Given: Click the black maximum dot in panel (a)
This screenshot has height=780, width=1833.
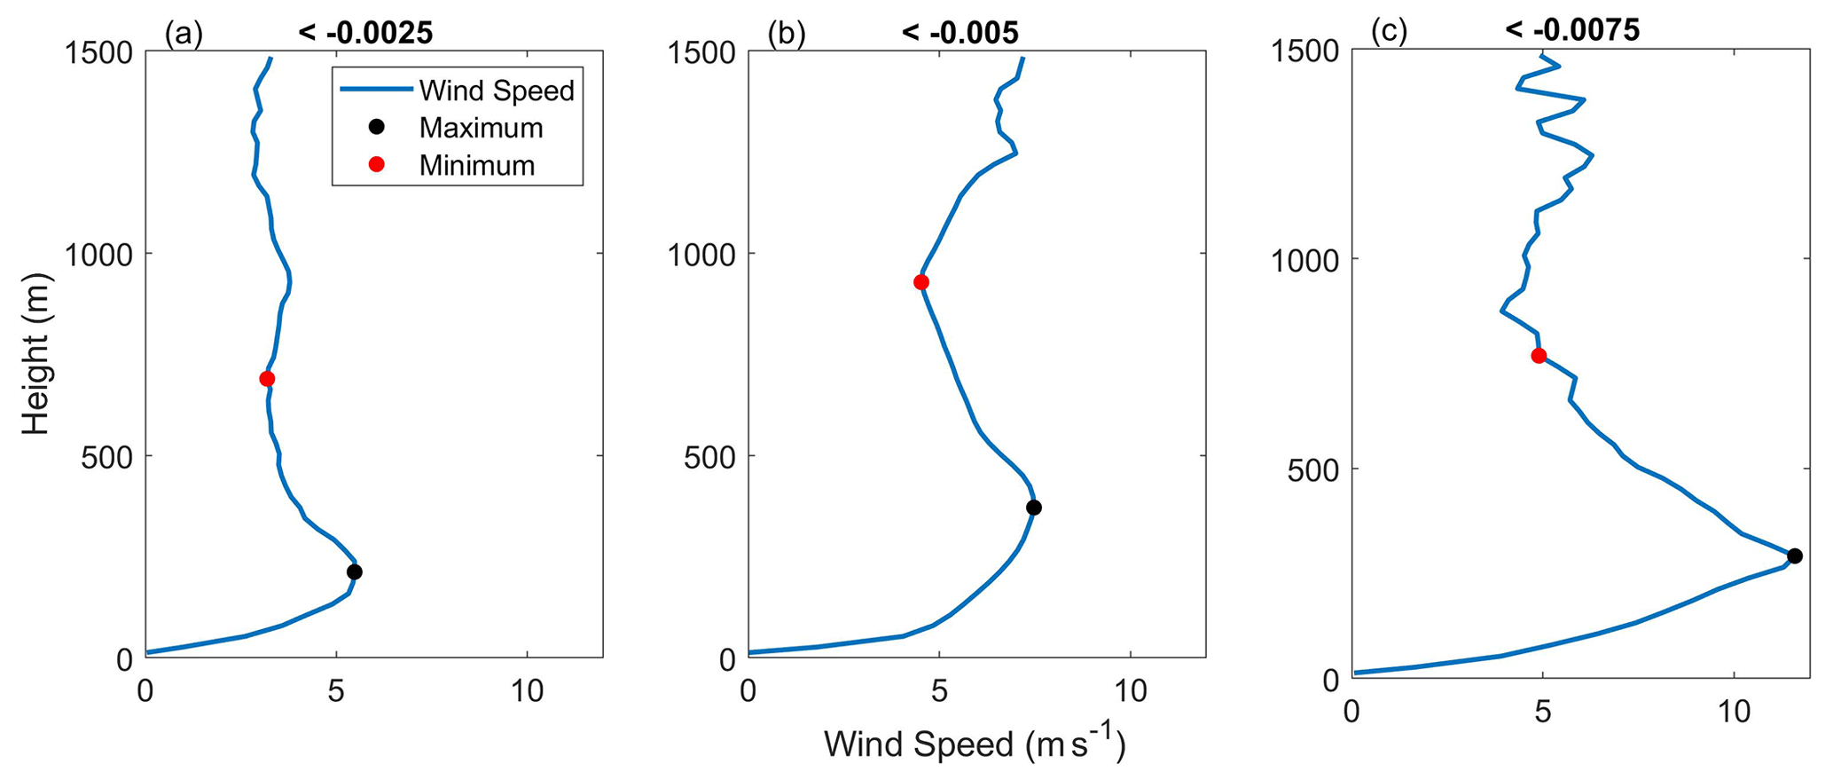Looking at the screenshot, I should (354, 571).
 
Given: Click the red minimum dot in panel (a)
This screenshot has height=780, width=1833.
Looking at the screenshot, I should (267, 379).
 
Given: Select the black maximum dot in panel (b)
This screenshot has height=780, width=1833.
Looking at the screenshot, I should (1033, 508).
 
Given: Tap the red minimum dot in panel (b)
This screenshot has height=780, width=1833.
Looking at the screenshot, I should (920, 282).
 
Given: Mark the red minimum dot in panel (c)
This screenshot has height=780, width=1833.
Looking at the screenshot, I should (1539, 356).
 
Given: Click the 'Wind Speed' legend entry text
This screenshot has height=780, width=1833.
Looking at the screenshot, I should (497, 91).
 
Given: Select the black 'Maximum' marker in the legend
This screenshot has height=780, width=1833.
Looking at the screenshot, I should (376, 128).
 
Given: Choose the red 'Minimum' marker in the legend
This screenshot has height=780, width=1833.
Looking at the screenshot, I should (376, 165).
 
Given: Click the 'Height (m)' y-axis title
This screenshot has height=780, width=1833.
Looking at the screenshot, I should (35, 354).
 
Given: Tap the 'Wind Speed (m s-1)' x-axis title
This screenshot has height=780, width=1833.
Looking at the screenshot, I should (975, 745).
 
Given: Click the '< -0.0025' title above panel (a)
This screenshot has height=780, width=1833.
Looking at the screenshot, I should (365, 34).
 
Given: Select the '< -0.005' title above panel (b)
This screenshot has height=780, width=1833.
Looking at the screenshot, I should (960, 34).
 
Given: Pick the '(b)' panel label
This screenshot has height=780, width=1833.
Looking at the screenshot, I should (787, 34).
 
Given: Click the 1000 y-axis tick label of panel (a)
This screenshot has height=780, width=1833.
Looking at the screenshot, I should (99, 255).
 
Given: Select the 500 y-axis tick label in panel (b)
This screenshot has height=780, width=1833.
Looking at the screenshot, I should (709, 457).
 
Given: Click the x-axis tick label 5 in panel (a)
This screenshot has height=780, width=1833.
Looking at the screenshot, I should (336, 691).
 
